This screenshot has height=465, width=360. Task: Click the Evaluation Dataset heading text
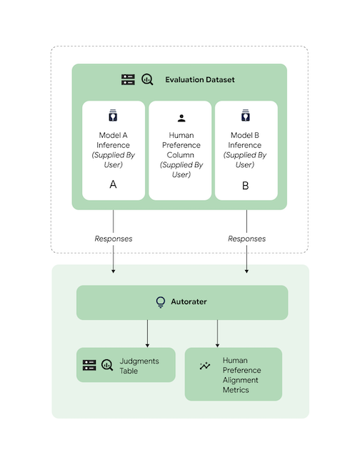200,79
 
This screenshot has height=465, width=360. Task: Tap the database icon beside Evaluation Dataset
128,79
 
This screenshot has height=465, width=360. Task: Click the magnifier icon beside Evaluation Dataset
147,79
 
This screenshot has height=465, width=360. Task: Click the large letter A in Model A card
113,184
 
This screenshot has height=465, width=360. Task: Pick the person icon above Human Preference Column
180,119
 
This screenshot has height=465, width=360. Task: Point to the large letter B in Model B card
246,184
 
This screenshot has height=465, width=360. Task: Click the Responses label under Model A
113,238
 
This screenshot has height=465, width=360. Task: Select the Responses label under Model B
246,238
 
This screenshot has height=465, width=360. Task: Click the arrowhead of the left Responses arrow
113,271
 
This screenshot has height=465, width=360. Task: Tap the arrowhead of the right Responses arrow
246,271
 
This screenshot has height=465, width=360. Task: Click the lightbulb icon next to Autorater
161,302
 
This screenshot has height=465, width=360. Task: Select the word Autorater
189,302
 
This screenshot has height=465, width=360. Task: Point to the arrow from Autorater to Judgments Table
147,333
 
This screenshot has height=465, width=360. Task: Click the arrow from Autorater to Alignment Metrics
217,333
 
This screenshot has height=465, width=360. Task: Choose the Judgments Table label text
139,366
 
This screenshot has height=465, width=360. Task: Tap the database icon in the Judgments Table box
89,366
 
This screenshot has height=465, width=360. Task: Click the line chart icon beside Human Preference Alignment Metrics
205,366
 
